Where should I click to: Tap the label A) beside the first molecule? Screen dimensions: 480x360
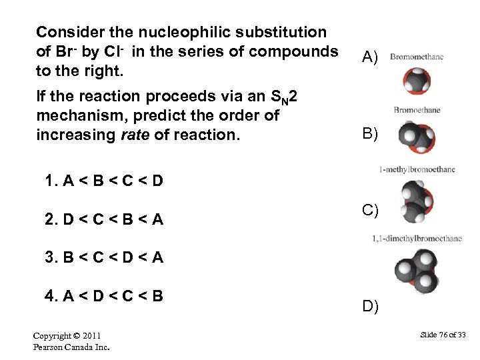(370, 58)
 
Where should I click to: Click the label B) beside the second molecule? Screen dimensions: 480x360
(370, 133)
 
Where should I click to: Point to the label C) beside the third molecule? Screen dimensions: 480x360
(370, 211)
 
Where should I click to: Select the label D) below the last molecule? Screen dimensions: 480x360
(370, 306)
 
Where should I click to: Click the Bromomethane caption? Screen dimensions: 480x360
(417, 57)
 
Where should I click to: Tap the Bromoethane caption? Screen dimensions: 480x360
(417, 110)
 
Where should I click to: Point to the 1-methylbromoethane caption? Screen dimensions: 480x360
(417, 169)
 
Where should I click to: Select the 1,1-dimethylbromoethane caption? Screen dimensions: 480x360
(417, 238)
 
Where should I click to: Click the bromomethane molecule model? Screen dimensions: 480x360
(416, 81)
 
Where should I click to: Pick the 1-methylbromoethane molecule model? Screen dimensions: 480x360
(411, 204)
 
